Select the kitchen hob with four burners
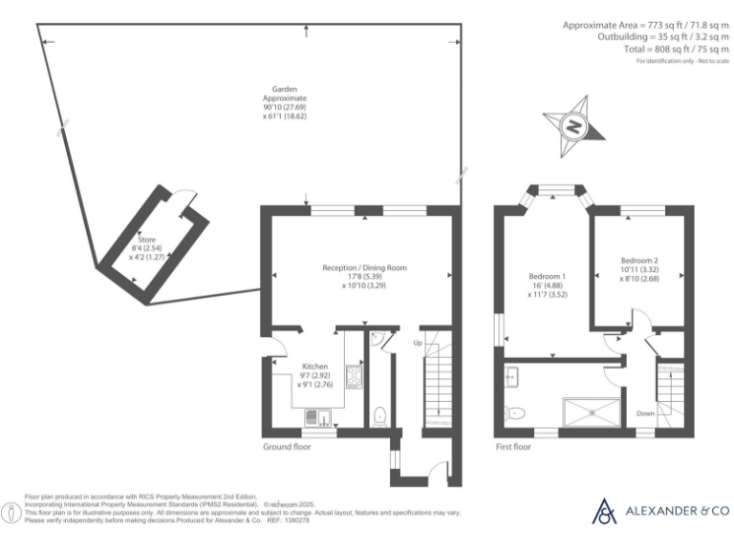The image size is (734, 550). coord(352,375)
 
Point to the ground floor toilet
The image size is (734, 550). coord(381,412)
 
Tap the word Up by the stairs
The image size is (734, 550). coord(417,342)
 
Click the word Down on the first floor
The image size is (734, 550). coord(646,413)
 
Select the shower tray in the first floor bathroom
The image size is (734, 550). coord(591,412)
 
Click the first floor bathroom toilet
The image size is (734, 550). coord(514,413)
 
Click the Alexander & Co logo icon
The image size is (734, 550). coord(605,511)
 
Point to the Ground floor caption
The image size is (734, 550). coord(286,446)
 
